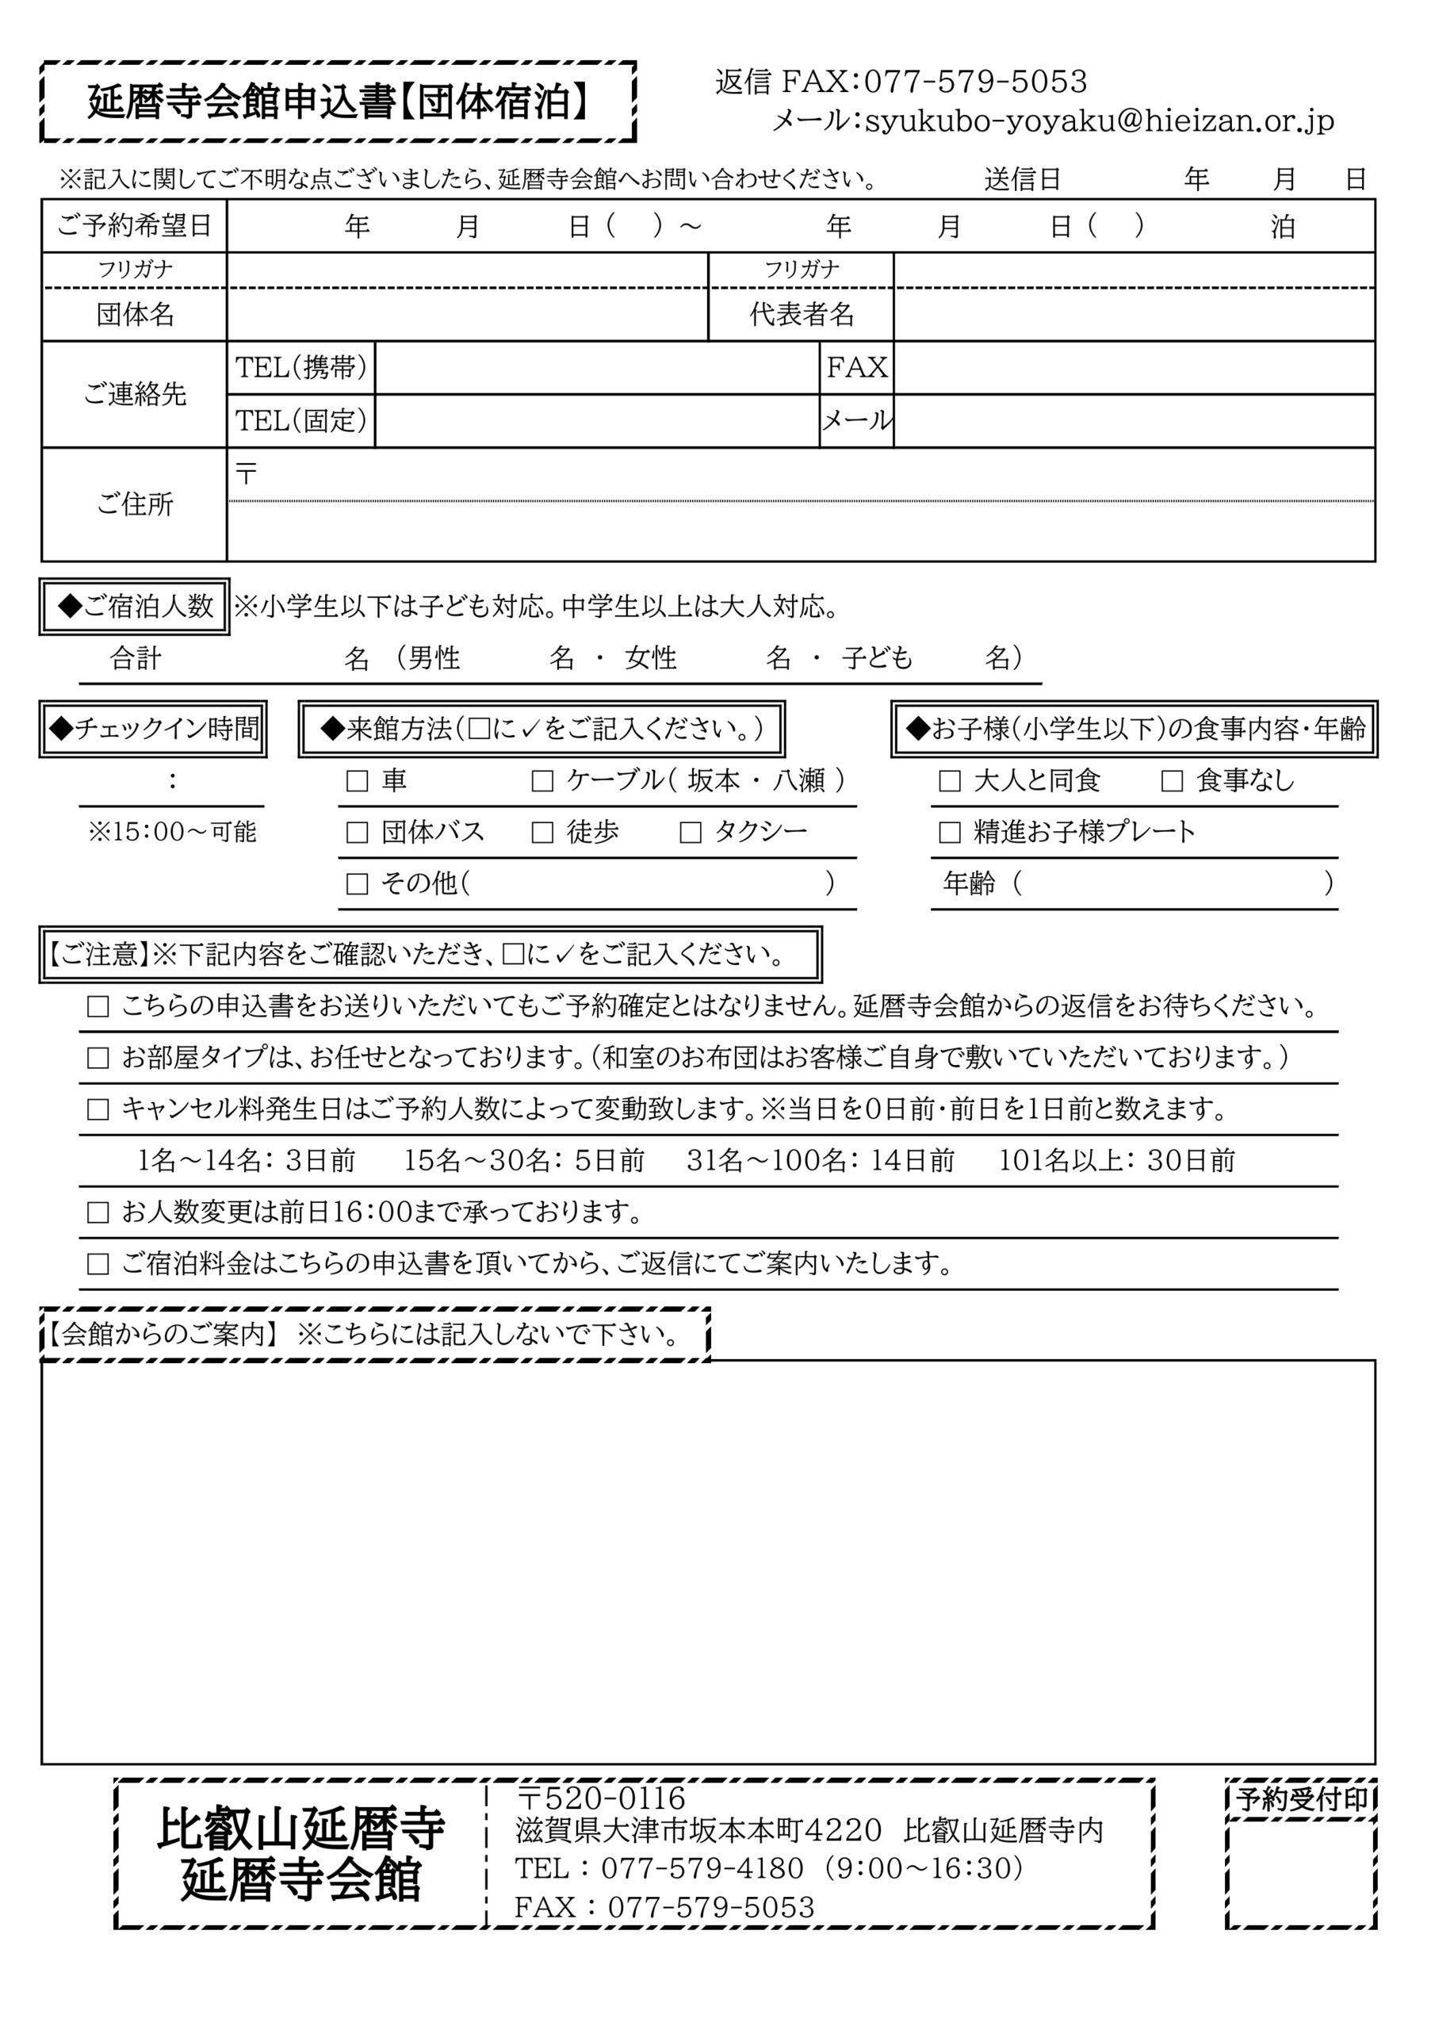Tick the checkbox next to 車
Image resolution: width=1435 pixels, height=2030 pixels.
(x=358, y=781)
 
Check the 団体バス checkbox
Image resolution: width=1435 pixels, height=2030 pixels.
(x=358, y=832)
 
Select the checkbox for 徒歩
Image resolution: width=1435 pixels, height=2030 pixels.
(x=542, y=832)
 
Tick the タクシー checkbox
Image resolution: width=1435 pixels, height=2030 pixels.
(x=691, y=832)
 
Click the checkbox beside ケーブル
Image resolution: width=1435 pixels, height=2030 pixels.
(x=542, y=781)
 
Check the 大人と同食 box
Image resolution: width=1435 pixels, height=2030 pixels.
(x=950, y=781)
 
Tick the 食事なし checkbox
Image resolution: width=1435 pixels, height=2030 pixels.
(x=1173, y=781)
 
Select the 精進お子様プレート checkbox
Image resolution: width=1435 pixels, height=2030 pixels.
(x=950, y=832)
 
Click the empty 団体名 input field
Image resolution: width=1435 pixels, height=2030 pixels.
(x=467, y=315)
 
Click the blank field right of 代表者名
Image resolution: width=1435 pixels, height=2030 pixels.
(x=1134, y=315)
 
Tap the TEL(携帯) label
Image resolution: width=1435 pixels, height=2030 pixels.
(x=300, y=368)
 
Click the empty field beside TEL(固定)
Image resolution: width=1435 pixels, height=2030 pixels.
(x=597, y=421)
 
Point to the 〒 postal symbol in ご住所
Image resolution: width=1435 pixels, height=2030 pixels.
(x=246, y=474)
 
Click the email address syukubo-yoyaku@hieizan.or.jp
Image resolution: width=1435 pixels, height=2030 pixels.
(x=1099, y=121)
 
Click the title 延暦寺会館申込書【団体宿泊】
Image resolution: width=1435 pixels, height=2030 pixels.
(x=339, y=101)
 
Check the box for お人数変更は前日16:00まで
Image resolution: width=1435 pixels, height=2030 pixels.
(x=98, y=1212)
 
